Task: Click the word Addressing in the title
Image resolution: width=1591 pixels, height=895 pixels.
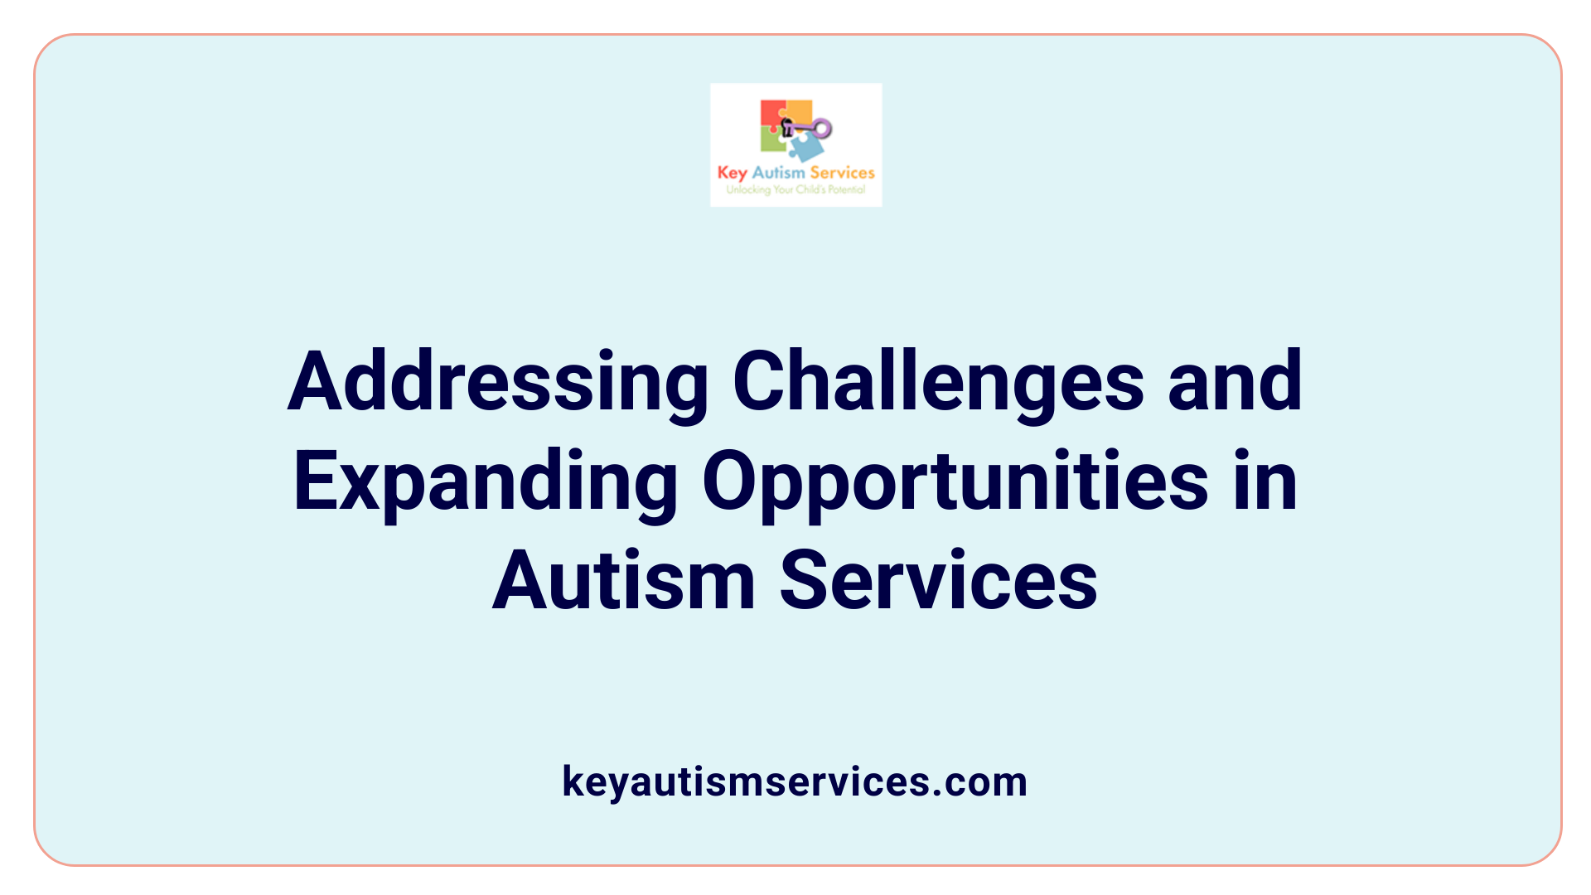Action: coord(497,382)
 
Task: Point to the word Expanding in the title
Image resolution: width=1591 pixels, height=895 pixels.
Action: coord(486,481)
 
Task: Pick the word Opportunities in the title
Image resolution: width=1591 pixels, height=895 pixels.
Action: coord(955,481)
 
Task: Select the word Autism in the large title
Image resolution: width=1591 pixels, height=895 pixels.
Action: coord(623,581)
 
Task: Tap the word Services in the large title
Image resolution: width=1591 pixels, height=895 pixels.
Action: coord(938,581)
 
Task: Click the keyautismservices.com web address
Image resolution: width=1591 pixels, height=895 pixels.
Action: coord(795,781)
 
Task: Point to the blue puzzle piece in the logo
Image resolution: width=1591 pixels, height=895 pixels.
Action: coord(806,148)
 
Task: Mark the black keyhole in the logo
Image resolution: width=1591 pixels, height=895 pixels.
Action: coord(787,128)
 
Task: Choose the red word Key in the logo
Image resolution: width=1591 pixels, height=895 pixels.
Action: coord(732,173)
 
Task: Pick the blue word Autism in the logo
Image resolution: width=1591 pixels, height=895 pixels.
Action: coord(778,172)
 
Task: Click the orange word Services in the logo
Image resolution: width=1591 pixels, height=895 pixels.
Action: coord(842,172)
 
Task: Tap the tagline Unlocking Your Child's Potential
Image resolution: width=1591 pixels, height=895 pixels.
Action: coord(795,190)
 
